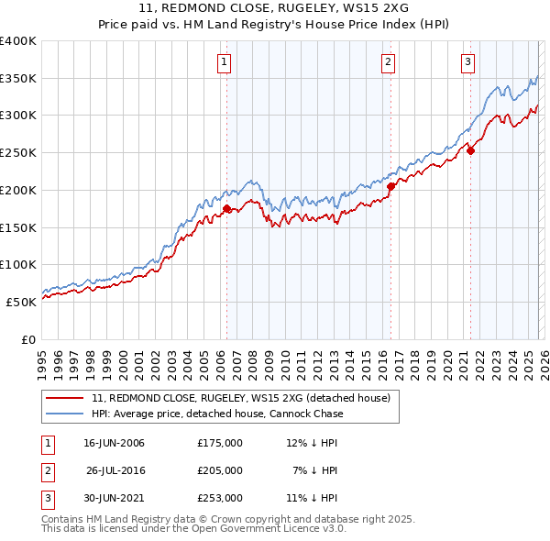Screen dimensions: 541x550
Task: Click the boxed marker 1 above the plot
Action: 225,62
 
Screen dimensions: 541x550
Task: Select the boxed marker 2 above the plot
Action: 389,62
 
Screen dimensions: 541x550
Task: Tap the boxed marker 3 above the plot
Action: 467,62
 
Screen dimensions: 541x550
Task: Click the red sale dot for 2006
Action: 226,208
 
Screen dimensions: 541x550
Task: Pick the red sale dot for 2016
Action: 390,186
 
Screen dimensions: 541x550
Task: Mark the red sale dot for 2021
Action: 470,150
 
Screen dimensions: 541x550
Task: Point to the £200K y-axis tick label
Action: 18,190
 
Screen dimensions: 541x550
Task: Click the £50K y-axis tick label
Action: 22,302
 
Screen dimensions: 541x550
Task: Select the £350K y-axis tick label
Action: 18,79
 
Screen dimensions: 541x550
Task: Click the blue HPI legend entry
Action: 217,414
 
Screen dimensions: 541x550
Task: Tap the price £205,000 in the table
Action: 219,470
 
